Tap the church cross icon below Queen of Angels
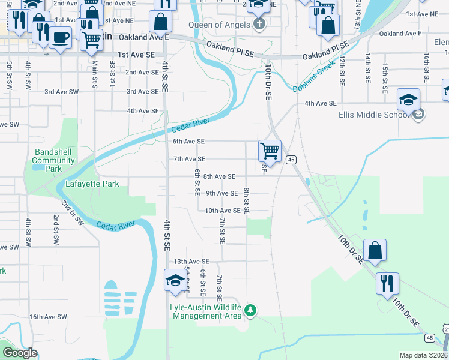click(259, 25)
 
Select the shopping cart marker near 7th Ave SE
click(270, 151)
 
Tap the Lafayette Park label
click(92, 184)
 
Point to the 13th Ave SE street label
click(191, 262)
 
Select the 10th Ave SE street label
click(223, 211)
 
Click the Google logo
click(20, 353)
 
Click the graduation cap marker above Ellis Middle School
click(408, 100)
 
